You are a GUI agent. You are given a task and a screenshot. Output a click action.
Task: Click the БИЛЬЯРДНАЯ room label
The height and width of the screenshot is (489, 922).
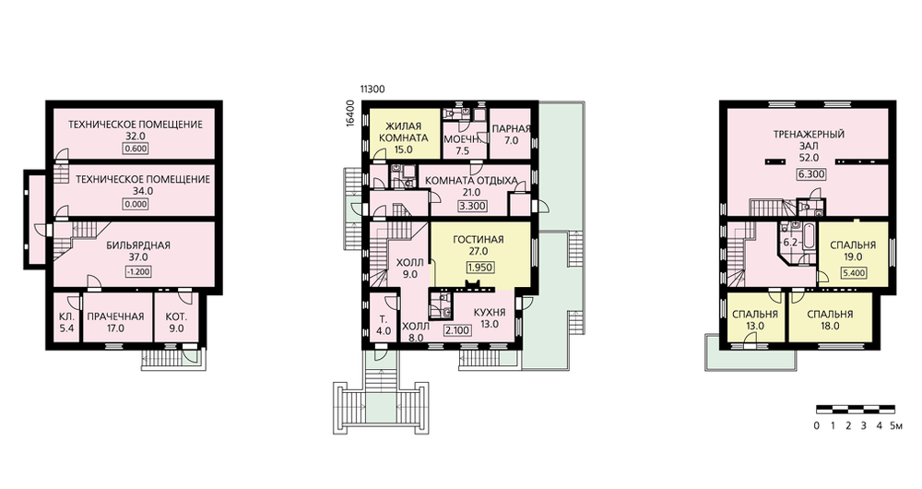coord(138,244)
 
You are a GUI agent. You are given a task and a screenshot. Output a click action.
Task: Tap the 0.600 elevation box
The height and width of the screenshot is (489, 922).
coord(136,149)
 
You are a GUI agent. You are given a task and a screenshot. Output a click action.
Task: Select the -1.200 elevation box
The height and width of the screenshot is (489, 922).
coord(138,272)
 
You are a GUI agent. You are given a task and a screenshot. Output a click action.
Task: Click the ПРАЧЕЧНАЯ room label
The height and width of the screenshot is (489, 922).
coord(116,316)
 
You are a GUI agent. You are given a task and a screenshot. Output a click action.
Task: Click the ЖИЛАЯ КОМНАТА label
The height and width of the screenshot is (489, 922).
coord(404,133)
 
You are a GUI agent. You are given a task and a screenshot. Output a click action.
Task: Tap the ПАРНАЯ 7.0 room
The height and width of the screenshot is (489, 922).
coord(511,135)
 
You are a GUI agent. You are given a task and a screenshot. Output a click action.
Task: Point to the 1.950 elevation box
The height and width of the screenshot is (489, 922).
coord(479,268)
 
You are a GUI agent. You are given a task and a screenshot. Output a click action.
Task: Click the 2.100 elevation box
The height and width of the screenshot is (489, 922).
coord(457,330)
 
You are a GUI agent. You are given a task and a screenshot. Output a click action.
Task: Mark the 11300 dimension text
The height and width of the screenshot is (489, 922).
coord(372,89)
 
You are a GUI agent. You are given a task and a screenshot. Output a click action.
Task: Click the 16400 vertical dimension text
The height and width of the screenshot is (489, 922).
coord(350,113)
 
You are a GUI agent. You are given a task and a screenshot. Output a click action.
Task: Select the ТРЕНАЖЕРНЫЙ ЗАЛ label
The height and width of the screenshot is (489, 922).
coord(809,140)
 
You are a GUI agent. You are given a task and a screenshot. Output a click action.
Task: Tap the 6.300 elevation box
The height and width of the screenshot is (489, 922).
coord(811,174)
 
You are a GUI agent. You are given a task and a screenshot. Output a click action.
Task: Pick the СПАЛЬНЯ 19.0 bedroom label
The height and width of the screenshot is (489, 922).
coord(853,251)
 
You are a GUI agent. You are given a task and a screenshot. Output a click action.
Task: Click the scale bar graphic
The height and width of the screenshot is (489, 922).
coord(856,409)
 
